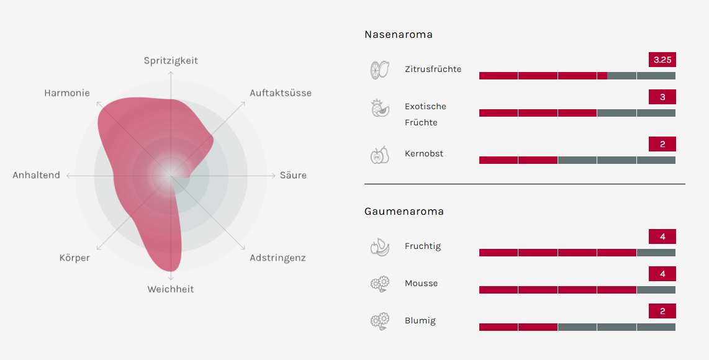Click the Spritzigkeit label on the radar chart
[171, 61]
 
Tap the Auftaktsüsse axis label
[281, 93]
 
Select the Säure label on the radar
[293, 176]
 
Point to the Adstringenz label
[278, 258]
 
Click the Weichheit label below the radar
[171, 289]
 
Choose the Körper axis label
[75, 258]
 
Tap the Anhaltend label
[37, 176]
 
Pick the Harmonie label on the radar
[67, 93]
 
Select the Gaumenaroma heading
[404, 212]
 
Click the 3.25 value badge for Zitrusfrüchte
[662, 60]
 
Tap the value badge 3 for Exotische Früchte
[662, 97]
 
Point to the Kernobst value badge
[662, 145]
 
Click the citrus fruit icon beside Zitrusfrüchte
[379, 70]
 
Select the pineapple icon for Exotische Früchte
[379, 107]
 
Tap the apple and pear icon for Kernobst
[379, 155]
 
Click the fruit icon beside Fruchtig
[379, 247]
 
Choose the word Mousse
[421, 284]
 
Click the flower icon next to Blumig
[379, 321]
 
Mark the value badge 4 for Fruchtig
[662, 237]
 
